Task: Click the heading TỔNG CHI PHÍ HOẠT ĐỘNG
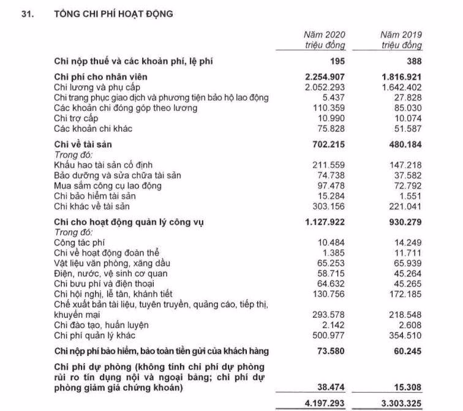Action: click(114, 13)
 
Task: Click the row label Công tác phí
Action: click(79, 243)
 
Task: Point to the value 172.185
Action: click(406, 294)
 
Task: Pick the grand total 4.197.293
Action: click(322, 403)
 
